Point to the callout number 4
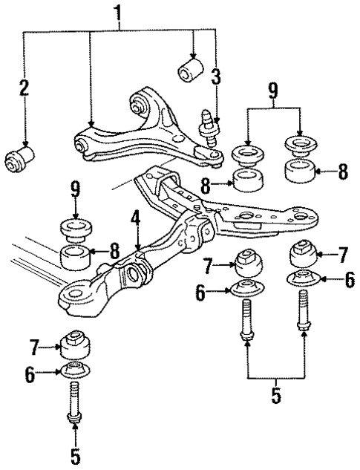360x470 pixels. [137, 220]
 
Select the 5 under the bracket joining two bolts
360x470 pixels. [275, 394]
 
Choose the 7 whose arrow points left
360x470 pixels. [343, 255]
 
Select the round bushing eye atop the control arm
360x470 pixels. [139, 102]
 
